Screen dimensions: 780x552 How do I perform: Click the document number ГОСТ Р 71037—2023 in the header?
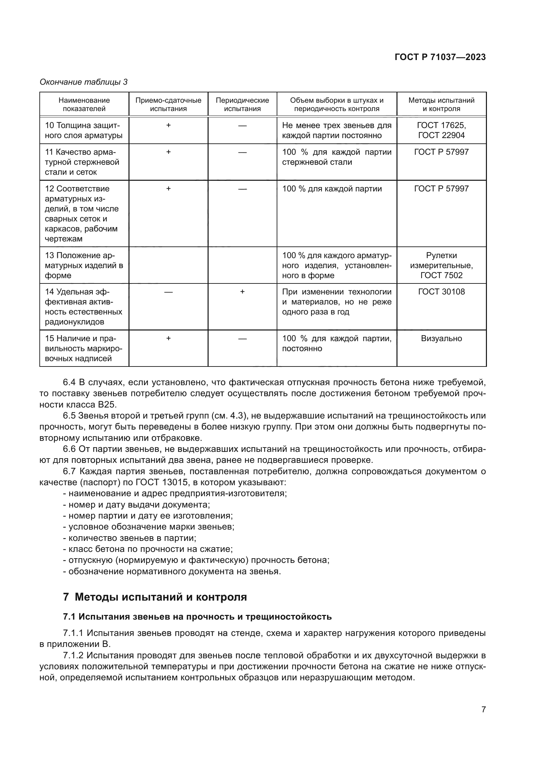[440, 57]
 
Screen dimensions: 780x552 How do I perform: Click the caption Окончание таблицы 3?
[84, 82]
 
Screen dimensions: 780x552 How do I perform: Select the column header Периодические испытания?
[242, 104]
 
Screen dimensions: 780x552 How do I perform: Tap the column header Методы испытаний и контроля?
[441, 104]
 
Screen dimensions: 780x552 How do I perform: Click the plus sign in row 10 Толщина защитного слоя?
[168, 125]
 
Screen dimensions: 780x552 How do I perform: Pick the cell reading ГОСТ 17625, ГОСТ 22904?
[441, 130]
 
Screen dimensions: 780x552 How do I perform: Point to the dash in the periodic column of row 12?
[242, 189]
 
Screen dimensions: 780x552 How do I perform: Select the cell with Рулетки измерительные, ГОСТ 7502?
[441, 265]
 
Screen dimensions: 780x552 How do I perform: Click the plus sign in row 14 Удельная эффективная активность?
[242, 292]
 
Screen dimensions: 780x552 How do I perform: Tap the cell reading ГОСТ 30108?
[441, 291]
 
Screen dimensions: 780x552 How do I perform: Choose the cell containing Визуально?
[441, 338]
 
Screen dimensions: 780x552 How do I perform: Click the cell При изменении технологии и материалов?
[336, 302]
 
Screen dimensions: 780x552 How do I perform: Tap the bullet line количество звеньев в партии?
[129, 538]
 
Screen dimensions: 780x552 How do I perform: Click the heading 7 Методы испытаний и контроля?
[155, 597]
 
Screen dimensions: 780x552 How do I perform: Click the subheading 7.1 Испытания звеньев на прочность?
[197, 617]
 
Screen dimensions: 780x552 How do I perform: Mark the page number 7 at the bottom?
[483, 709]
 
